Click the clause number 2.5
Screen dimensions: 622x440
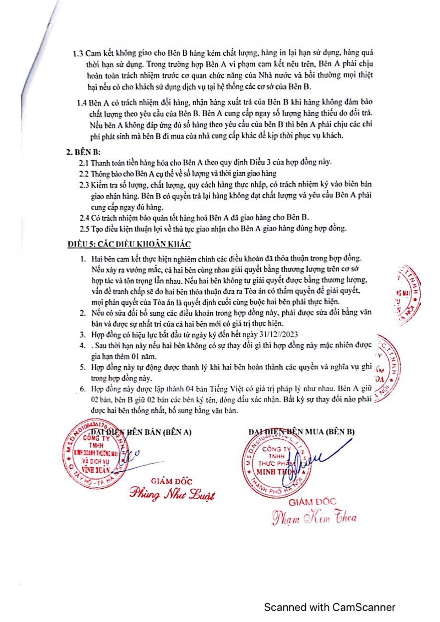(x=84, y=228)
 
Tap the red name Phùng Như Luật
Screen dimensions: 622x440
(x=172, y=494)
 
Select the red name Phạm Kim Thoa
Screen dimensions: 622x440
(x=314, y=518)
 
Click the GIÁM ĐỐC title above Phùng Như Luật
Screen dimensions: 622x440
(x=172, y=481)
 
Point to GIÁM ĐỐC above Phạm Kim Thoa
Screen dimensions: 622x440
(x=312, y=502)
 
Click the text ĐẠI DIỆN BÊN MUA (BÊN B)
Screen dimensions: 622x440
(x=302, y=432)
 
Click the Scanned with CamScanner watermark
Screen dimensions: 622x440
(x=329, y=607)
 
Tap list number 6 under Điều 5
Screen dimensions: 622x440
(x=83, y=389)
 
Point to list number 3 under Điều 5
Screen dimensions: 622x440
(x=83, y=334)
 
